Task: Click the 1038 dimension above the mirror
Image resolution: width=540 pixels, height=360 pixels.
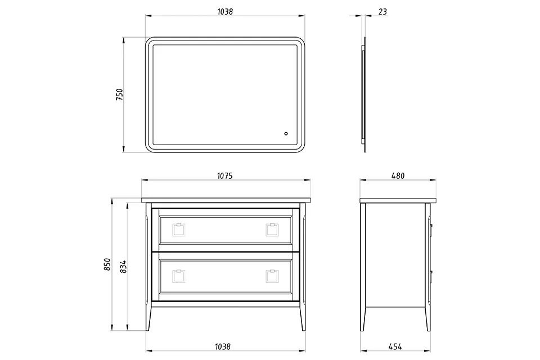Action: click(225, 12)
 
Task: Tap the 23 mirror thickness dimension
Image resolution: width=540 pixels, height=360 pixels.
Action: click(382, 12)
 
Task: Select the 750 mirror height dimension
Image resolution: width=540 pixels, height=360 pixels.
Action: click(119, 94)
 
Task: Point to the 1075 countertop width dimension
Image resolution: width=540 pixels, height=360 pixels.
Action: click(225, 176)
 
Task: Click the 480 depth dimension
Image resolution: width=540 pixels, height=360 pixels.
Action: click(398, 176)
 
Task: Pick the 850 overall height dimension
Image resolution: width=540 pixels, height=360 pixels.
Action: click(107, 264)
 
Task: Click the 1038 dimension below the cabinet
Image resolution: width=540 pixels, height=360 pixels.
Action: click(223, 346)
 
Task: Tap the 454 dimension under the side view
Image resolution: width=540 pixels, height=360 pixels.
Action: click(395, 346)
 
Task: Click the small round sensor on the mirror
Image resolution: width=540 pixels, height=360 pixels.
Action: click(286, 134)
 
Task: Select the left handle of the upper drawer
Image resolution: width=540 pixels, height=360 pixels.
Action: click(179, 229)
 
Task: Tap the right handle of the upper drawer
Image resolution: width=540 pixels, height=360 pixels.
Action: click(272, 229)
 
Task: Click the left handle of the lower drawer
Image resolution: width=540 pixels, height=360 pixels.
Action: click(179, 276)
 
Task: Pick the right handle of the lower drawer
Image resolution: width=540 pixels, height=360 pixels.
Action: click(272, 276)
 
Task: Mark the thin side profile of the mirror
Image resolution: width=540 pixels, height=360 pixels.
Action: click(364, 94)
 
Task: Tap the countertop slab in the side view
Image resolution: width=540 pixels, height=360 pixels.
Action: click(398, 200)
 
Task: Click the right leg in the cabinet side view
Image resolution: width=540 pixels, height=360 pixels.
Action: click(427, 267)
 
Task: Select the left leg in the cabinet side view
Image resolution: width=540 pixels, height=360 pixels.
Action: click(363, 267)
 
